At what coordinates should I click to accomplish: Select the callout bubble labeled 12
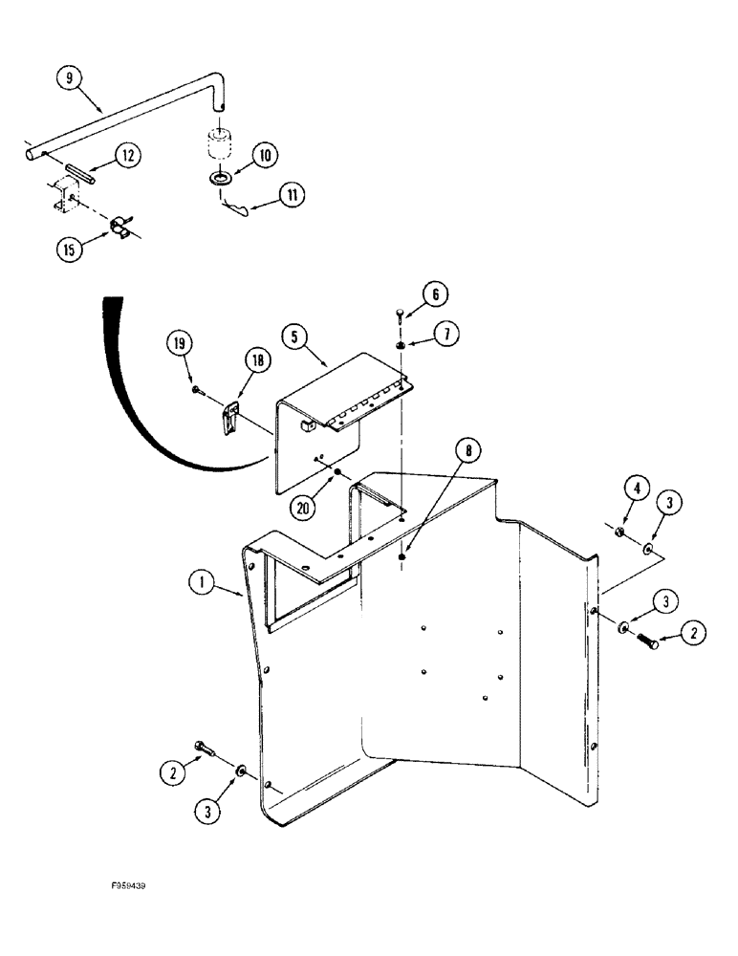[x=128, y=154]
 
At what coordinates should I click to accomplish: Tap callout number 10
[x=265, y=154]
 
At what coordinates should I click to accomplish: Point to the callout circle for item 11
[x=293, y=194]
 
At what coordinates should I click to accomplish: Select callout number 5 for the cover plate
[x=296, y=338]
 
